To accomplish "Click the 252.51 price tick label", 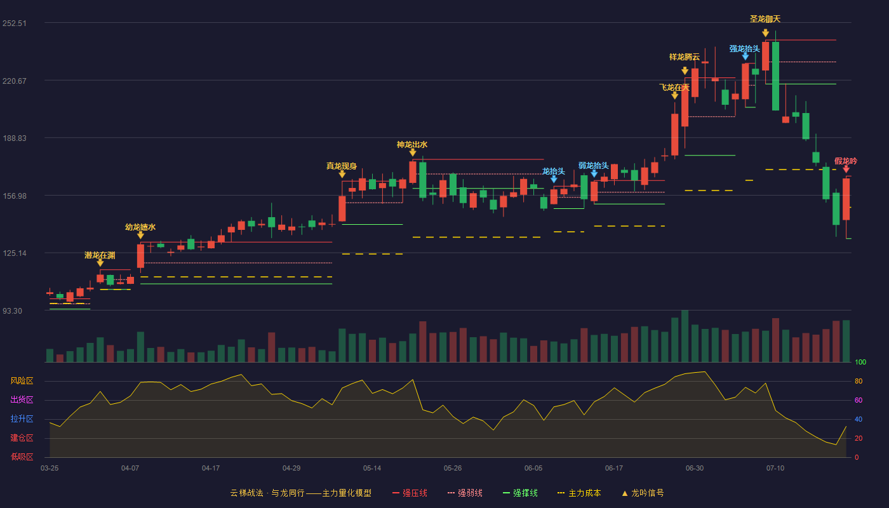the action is (14, 23).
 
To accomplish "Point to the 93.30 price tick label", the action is (12, 311).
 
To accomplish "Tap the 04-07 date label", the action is (130, 469).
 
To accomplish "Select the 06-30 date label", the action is (695, 469).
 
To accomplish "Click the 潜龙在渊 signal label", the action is (100, 255).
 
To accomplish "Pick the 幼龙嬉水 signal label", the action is (140, 227).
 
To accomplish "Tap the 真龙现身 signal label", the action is (342, 166).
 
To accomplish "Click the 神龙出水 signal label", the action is (412, 145).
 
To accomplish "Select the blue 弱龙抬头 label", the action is (593, 166).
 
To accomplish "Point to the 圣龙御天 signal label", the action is (765, 18).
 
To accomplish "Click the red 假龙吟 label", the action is (845, 161).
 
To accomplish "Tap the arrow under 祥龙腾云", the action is (685, 70).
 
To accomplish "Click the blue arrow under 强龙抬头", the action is (745, 57).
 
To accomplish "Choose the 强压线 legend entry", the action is (410, 493).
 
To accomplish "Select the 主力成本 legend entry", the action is (579, 493).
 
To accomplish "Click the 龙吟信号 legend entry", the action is (643, 493).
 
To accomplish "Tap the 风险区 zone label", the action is (22, 380).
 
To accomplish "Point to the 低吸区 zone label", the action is (22, 457).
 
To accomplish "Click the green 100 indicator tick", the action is (860, 362).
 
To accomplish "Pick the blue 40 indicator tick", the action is (859, 419).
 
